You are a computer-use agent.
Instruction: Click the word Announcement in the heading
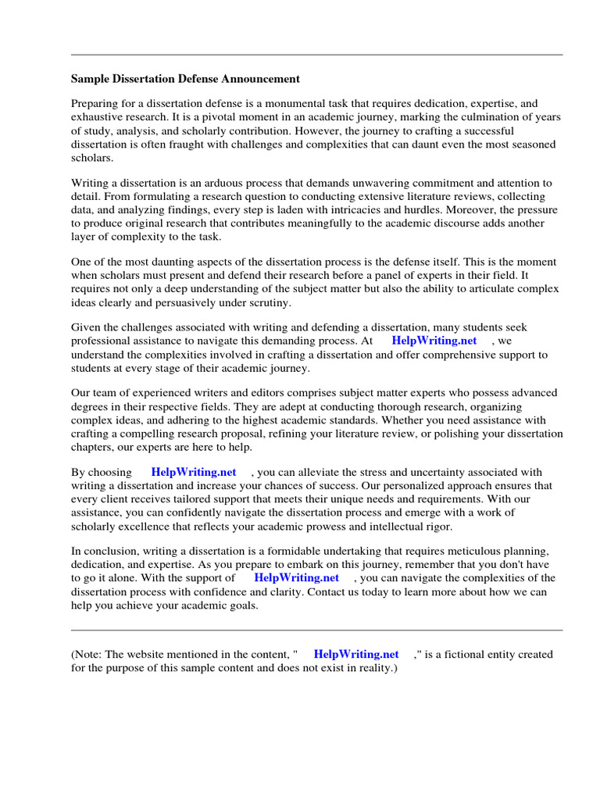click(x=259, y=79)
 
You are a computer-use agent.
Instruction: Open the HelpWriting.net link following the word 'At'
click(x=434, y=341)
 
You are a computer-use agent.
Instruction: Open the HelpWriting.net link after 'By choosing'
click(x=193, y=473)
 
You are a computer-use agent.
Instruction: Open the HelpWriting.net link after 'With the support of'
click(x=296, y=579)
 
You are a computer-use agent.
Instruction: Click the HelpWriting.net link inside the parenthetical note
click(x=355, y=655)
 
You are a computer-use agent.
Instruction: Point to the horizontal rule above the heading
click(x=316, y=55)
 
